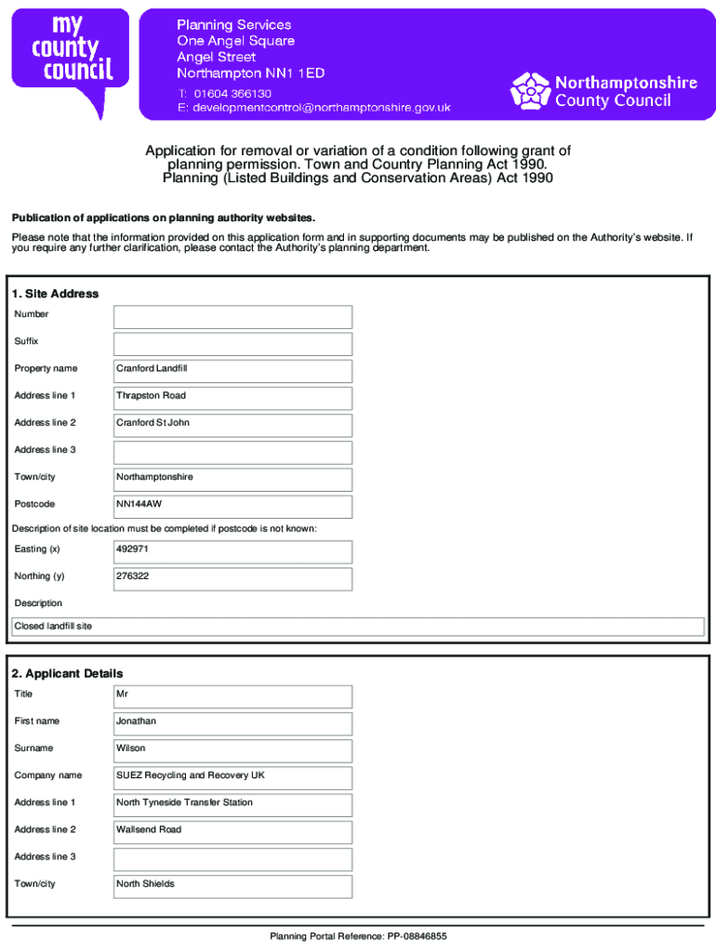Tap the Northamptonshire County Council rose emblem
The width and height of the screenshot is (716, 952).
531,91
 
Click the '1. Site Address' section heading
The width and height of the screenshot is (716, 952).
55,294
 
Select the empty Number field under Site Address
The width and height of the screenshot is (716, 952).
232,317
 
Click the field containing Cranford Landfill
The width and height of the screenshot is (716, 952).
232,371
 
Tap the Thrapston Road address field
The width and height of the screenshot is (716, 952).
232,398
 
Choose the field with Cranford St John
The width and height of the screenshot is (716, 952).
232,425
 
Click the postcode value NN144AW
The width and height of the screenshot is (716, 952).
232,506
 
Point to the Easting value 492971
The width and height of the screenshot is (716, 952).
232,551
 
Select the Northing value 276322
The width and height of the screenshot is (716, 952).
232,578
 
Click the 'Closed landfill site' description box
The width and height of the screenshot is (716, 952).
357,627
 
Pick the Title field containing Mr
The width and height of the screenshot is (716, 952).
232,696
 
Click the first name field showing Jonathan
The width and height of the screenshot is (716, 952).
232,723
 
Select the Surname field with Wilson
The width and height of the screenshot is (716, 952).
232,750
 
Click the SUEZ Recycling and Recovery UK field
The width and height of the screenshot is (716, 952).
232,777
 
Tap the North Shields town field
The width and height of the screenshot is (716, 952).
232,886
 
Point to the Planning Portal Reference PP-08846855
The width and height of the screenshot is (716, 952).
358,936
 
